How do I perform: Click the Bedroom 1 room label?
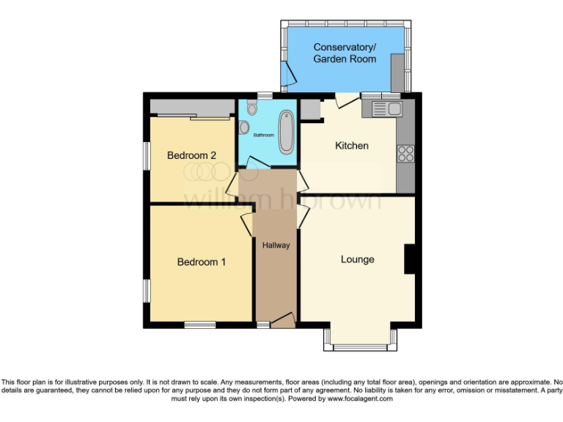click(x=201, y=262)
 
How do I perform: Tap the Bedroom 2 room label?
click(x=191, y=155)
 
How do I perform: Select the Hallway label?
click(x=276, y=245)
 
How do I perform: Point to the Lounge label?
click(x=357, y=259)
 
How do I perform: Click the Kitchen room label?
click(x=351, y=146)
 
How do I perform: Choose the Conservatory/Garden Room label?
click(x=345, y=53)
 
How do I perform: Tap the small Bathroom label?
click(x=263, y=136)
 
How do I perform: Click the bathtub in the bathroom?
click(x=284, y=130)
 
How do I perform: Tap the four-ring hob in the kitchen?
click(x=405, y=154)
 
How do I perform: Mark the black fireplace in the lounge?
click(x=411, y=260)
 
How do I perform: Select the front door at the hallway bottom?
click(x=282, y=319)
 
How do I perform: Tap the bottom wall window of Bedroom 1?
click(x=199, y=324)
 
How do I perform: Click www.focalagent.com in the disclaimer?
click(x=359, y=399)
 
